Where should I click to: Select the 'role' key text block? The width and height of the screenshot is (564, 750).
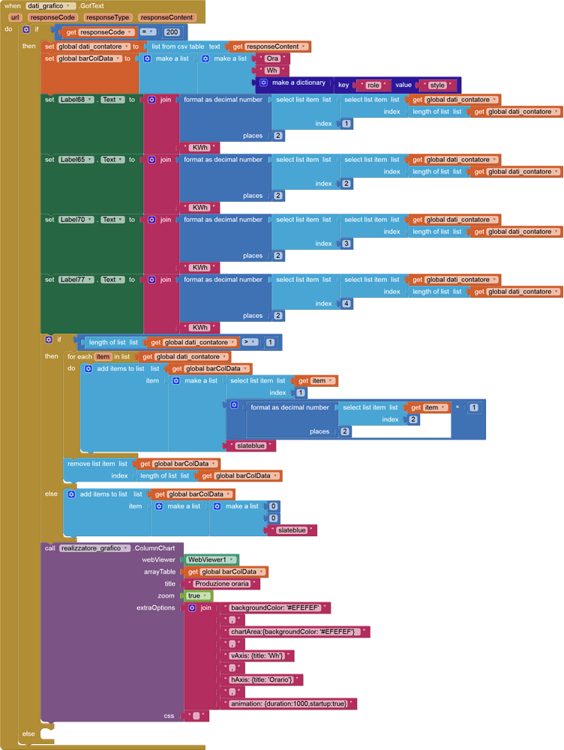coord(373,85)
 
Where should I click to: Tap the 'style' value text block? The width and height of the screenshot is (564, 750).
coord(437,85)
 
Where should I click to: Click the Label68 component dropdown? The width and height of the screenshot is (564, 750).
coord(76,100)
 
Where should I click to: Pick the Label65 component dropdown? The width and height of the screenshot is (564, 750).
coord(76,160)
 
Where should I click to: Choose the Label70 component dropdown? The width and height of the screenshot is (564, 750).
coord(76,220)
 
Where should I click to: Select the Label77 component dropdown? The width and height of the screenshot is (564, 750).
coord(76,280)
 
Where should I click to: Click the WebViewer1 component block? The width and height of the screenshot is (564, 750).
coord(211,559)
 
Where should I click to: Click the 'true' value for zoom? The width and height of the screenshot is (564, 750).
coord(196,595)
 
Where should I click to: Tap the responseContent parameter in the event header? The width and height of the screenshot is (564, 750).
coord(166,16)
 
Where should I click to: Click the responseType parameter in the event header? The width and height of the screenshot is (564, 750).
coord(108,16)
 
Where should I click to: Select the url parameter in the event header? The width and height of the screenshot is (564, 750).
coord(15,16)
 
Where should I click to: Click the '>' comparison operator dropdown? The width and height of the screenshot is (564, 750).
coord(249,342)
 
